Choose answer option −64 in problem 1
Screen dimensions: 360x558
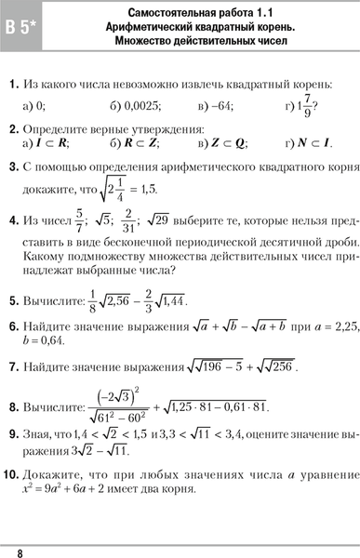click(x=220, y=106)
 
